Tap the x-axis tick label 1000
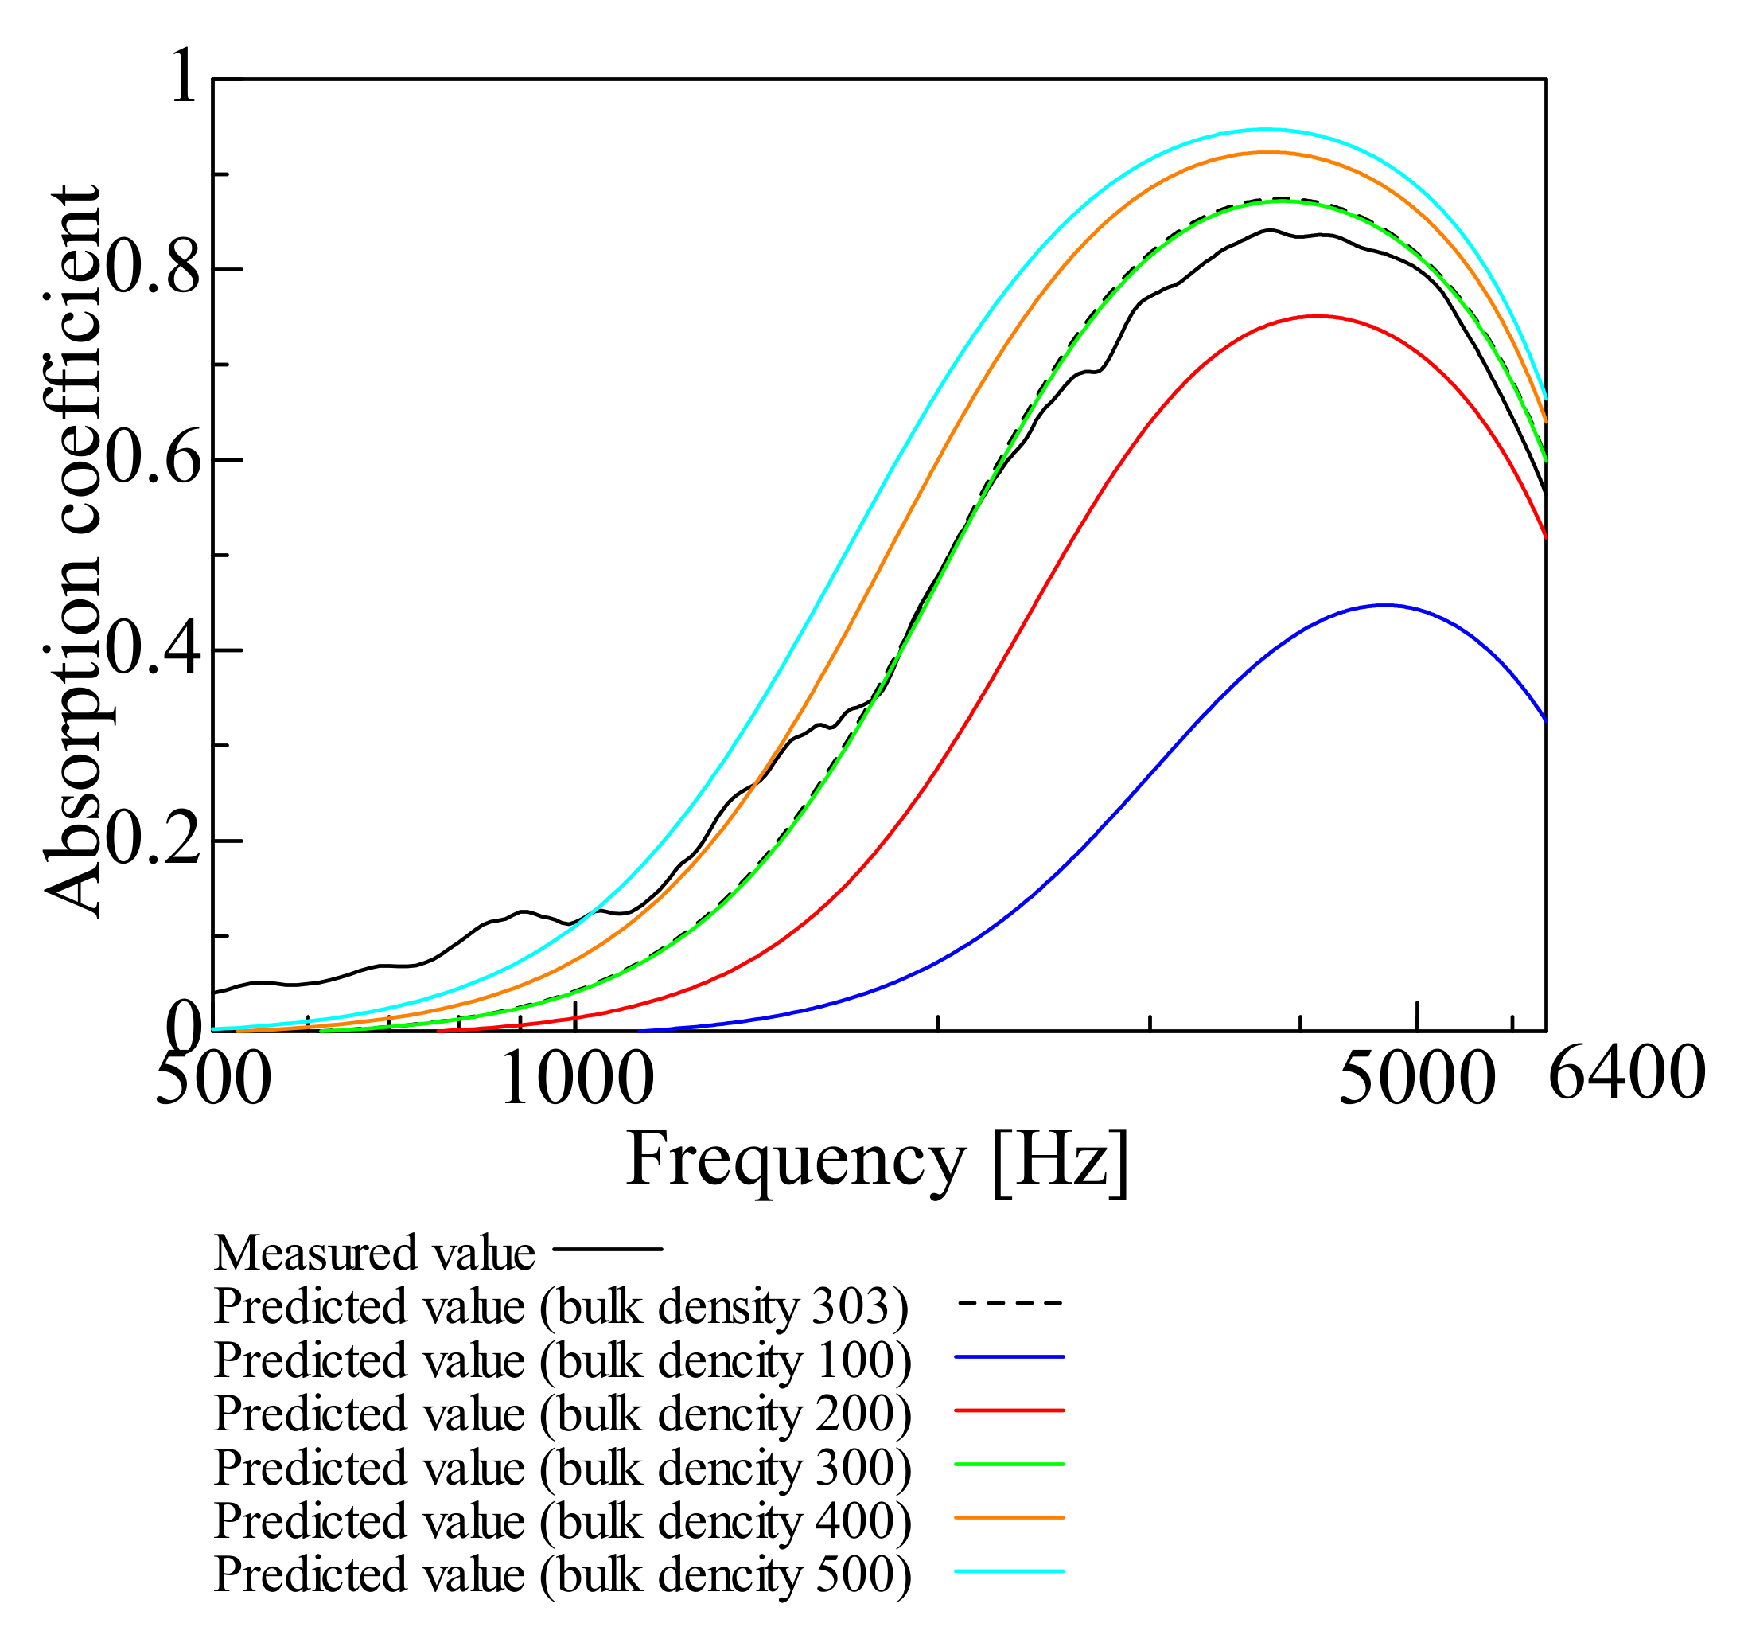pyautogui.click(x=576, y=1077)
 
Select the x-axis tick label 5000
pyautogui.click(x=1418, y=1077)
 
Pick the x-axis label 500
pyautogui.click(x=213, y=1077)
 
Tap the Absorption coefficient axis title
pyautogui.click(x=72, y=553)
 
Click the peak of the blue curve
pyautogui.click(x=1384, y=605)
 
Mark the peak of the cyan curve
pyautogui.click(x=1264, y=129)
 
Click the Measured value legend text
pyautogui.click(x=374, y=1252)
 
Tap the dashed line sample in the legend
pyautogui.click(x=1010, y=1303)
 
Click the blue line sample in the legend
pyautogui.click(x=1010, y=1356)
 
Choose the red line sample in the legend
pyautogui.click(x=1010, y=1410)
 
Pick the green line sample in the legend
pyautogui.click(x=1010, y=1464)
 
